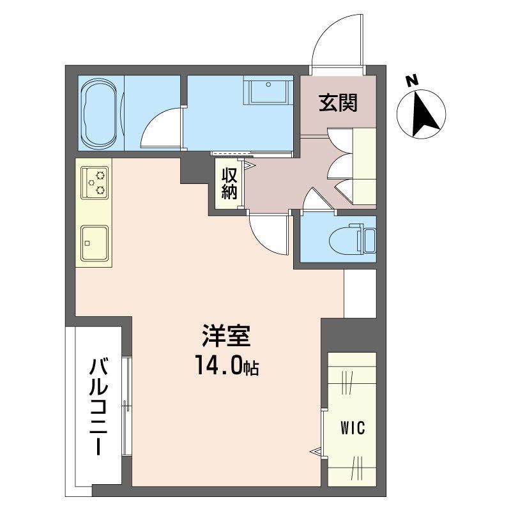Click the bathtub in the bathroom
(x=100, y=114)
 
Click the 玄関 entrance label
(x=338, y=102)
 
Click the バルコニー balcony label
(x=98, y=407)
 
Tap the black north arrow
(x=422, y=115)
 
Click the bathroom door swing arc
(x=160, y=128)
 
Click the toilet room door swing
(x=316, y=199)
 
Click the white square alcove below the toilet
(x=360, y=293)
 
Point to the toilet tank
(x=369, y=239)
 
